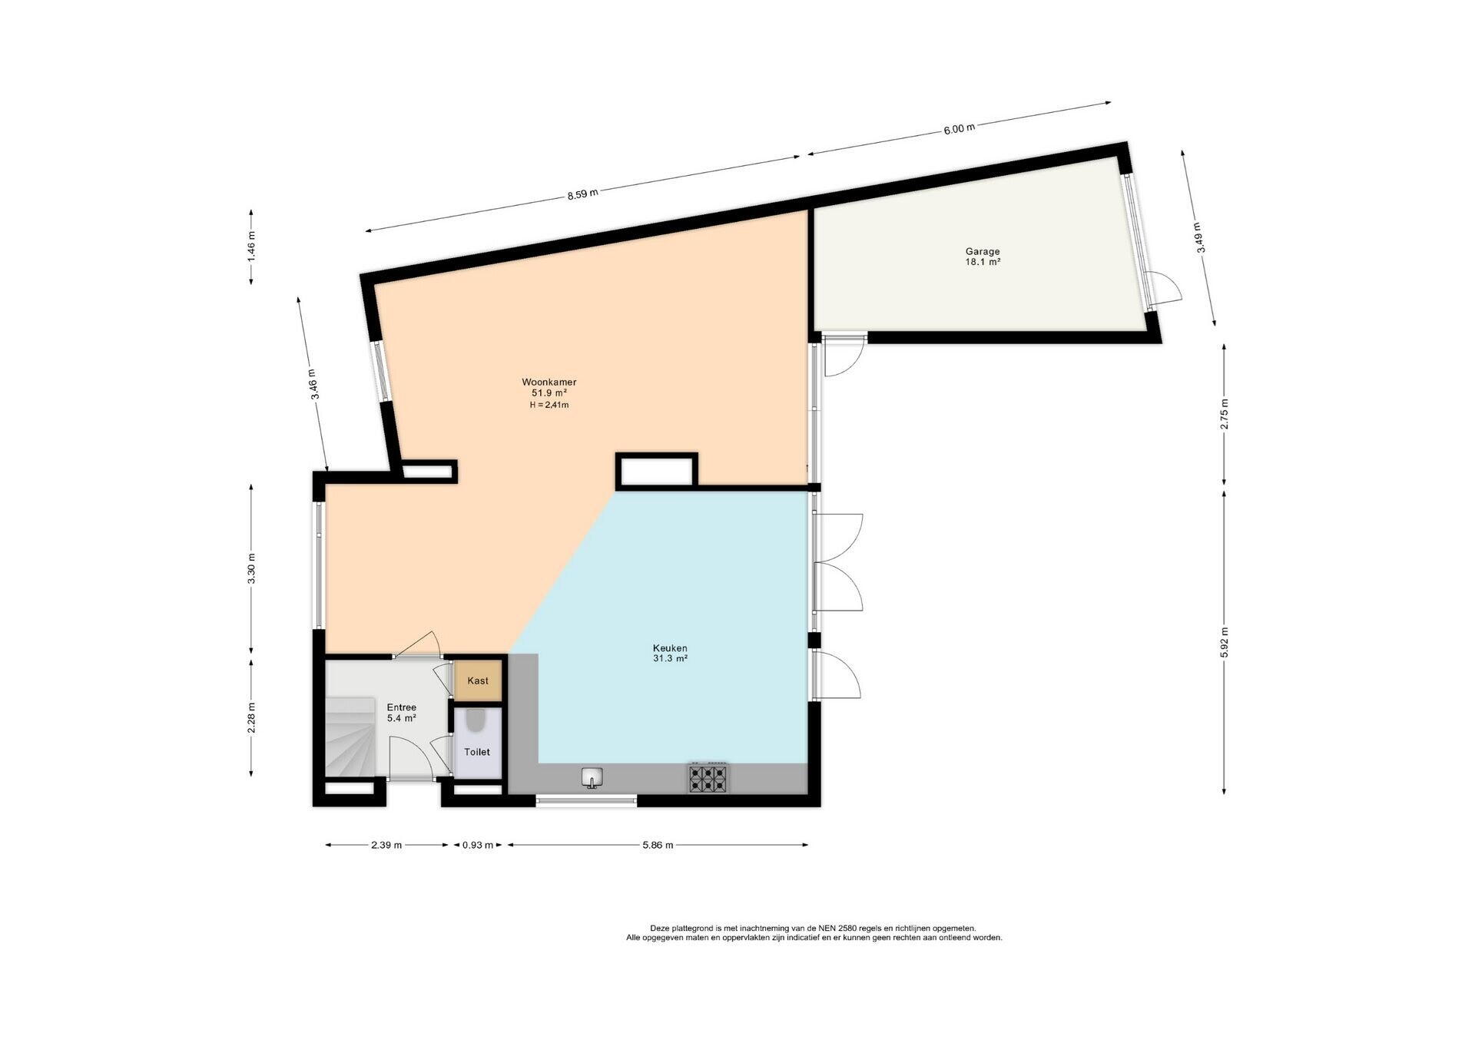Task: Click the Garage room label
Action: (983, 251)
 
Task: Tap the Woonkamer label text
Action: (549, 382)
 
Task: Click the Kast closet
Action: (477, 680)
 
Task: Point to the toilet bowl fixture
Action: (476, 720)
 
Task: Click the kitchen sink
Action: (592, 778)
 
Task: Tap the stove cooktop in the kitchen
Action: (708, 778)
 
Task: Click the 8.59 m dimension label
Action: (582, 194)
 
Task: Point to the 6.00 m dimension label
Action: (959, 128)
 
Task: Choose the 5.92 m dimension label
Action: (1224, 643)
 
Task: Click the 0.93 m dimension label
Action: (477, 845)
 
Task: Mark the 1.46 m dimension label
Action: (251, 246)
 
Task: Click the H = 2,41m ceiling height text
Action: (549, 405)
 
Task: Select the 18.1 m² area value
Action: (983, 262)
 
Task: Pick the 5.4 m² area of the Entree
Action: (401, 718)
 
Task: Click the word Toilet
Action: (477, 752)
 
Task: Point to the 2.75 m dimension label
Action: (1224, 413)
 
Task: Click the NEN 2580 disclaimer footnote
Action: (814, 932)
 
